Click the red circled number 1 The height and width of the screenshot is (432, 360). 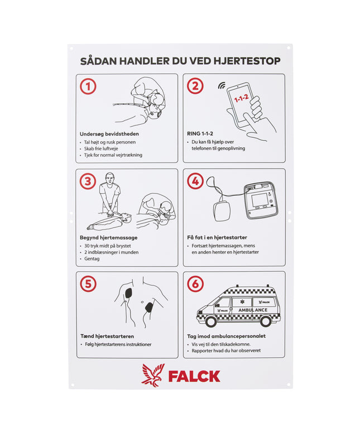coord(88,86)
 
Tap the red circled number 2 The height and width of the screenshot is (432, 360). coord(195,86)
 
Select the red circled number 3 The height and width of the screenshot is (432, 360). coord(88,181)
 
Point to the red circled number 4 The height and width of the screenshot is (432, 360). coord(195,181)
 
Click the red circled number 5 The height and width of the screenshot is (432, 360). coord(88,284)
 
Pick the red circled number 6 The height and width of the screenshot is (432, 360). coord(195,284)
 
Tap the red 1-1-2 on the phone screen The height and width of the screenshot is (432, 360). coord(241,100)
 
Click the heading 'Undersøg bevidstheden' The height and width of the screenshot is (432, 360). coord(109,134)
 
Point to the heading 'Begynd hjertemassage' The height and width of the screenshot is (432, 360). coord(109,237)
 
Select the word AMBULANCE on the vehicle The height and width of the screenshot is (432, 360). coord(253,310)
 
